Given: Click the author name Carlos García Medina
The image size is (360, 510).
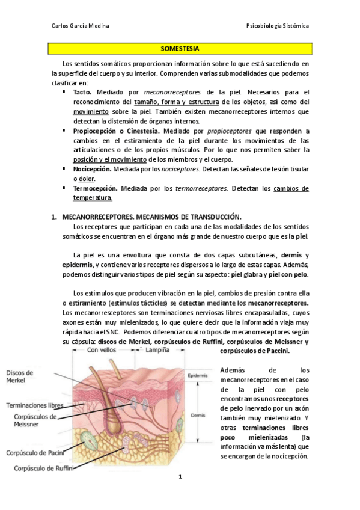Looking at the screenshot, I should [81, 26].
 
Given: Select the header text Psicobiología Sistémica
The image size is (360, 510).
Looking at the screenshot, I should [278, 26].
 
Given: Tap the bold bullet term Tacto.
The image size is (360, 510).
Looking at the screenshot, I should [82, 92].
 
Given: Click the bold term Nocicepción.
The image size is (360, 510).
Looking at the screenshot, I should [91, 169].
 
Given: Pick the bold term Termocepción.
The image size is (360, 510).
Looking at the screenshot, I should [94, 188].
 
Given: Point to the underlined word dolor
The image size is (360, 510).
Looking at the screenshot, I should [87, 179].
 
